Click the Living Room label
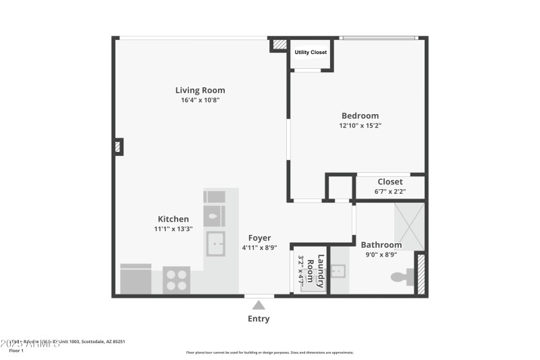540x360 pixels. pyautogui.click(x=200, y=90)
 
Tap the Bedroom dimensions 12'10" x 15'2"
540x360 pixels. pyautogui.click(x=364, y=126)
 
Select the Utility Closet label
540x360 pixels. pyautogui.click(x=310, y=52)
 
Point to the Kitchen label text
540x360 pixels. pyautogui.click(x=173, y=219)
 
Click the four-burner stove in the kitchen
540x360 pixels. pyautogui.click(x=176, y=280)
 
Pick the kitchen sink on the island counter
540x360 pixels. pyautogui.click(x=215, y=244)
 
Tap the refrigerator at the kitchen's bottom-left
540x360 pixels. pyautogui.click(x=136, y=280)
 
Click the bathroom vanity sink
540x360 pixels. pyautogui.click(x=339, y=271)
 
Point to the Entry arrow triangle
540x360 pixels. pyautogui.click(x=259, y=305)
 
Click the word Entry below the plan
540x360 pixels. pyautogui.click(x=259, y=319)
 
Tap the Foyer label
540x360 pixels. pyautogui.click(x=259, y=238)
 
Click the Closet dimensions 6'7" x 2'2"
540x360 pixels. pyautogui.click(x=389, y=192)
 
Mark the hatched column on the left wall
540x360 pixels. pyautogui.click(x=117, y=147)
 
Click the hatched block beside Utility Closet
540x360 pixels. pyautogui.click(x=279, y=45)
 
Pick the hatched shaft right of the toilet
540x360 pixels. pyautogui.click(x=421, y=274)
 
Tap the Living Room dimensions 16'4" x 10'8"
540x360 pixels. pyautogui.click(x=200, y=100)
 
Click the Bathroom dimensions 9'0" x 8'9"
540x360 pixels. pyautogui.click(x=381, y=255)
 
